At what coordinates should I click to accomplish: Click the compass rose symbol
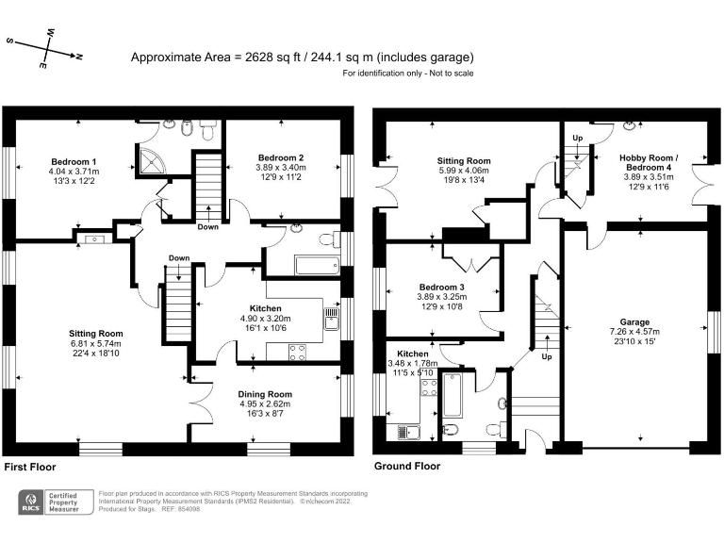click(45, 49)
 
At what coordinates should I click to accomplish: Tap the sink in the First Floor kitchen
click(331, 319)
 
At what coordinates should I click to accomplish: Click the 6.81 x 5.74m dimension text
click(95, 344)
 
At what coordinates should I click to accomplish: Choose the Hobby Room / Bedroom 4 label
click(645, 160)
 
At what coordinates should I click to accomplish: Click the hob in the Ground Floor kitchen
click(427, 390)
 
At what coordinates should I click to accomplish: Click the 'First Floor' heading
click(30, 467)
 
